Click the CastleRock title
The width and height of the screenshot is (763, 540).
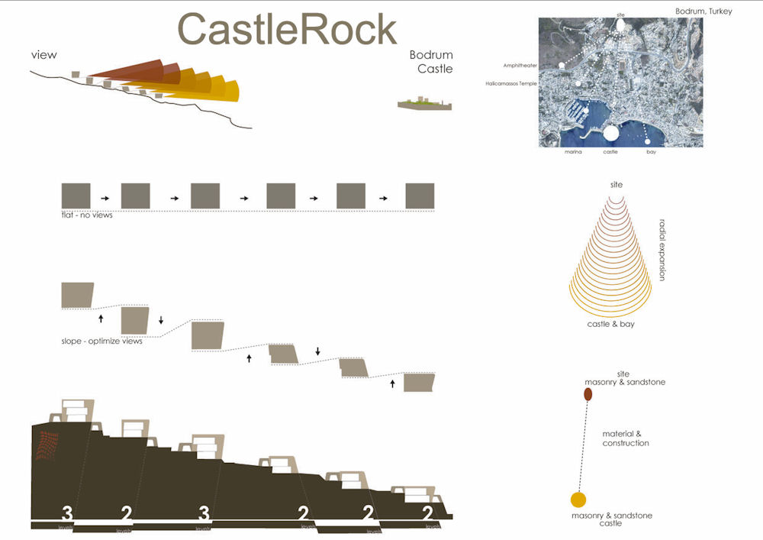tap(288, 30)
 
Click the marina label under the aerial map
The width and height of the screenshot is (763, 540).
tap(573, 153)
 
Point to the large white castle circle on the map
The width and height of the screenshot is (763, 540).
tap(610, 134)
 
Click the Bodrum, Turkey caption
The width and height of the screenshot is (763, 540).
tap(703, 11)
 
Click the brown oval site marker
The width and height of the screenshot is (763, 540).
tap(588, 394)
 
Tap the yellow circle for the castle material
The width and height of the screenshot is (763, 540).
tap(578, 500)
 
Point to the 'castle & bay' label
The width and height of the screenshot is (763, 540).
tap(610, 325)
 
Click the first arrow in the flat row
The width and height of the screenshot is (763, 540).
tap(105, 199)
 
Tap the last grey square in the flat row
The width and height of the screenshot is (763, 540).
tap(420, 196)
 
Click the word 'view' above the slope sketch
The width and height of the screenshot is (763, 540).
tap(44, 54)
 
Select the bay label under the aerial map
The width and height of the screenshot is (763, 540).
tap(651, 153)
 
